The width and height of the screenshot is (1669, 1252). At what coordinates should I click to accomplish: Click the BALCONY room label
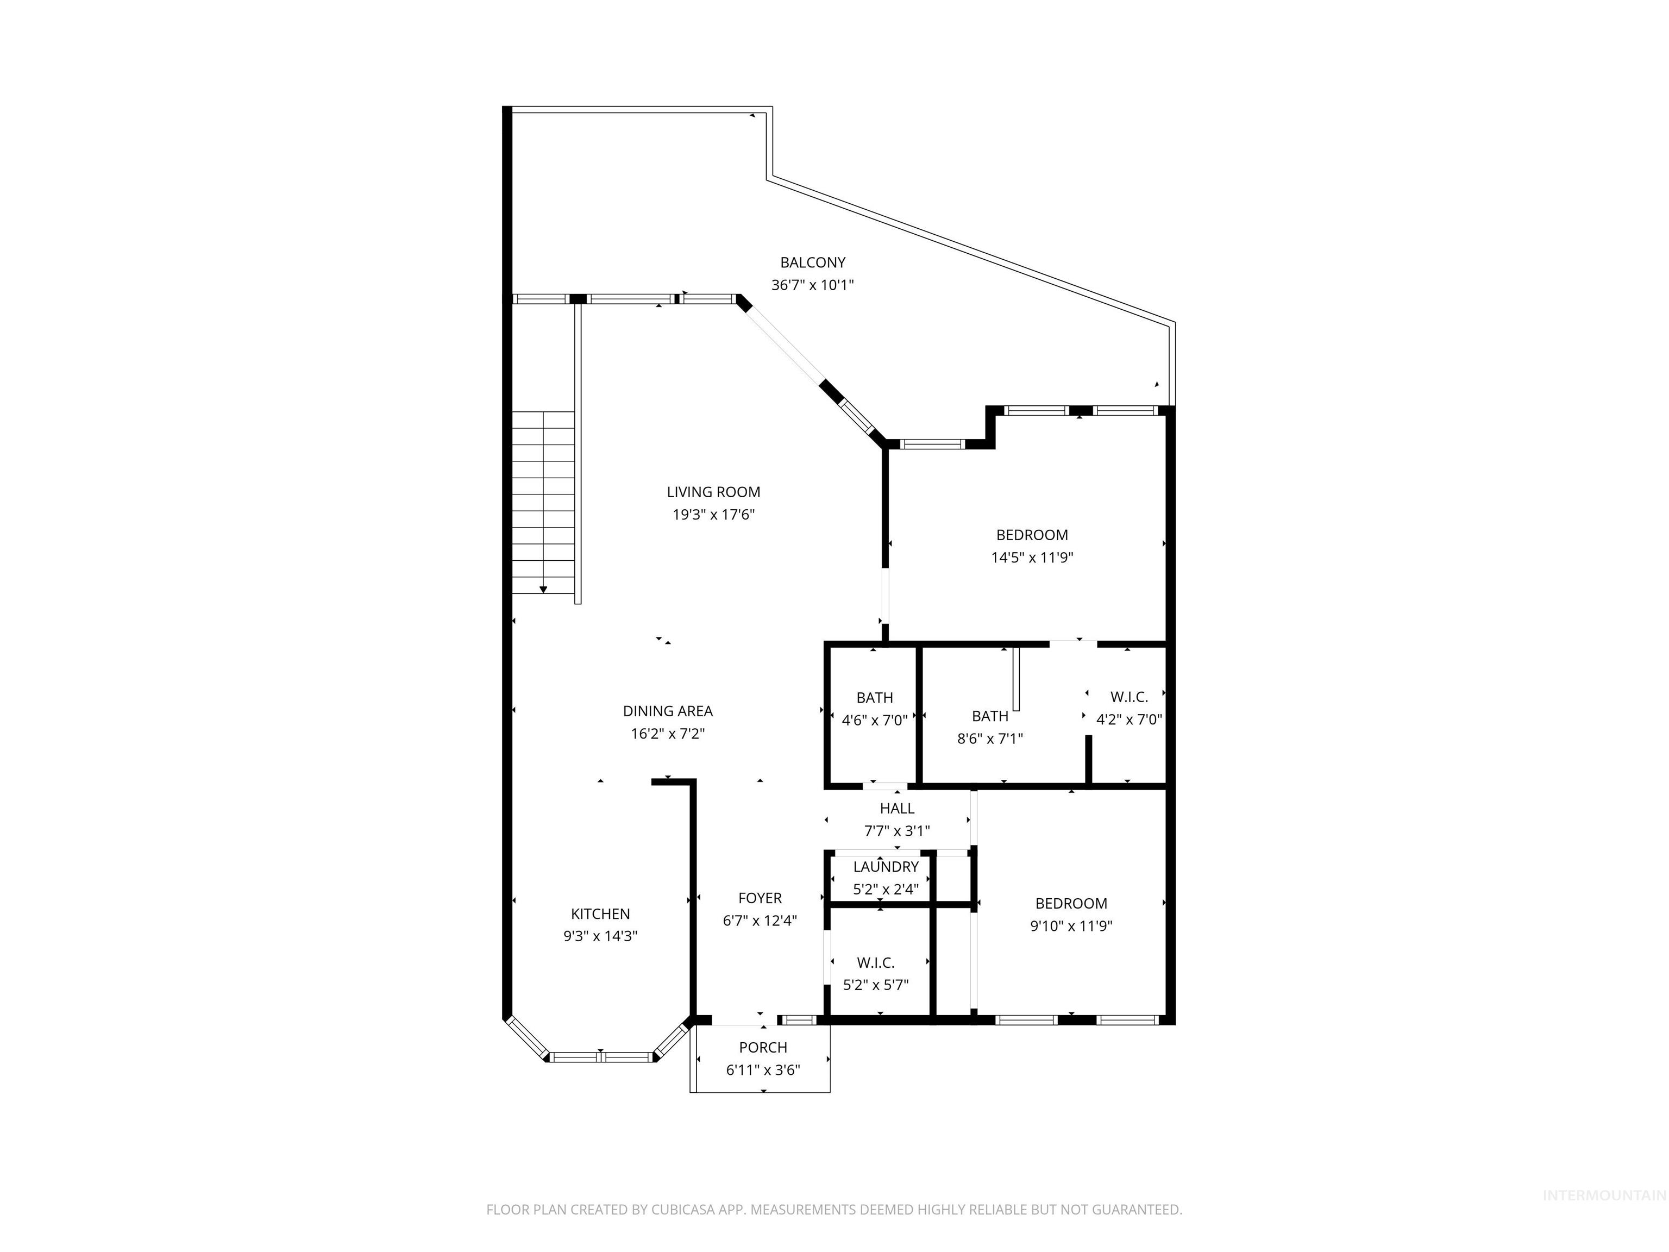point(813,262)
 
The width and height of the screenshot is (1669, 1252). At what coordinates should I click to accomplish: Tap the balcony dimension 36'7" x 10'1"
point(813,285)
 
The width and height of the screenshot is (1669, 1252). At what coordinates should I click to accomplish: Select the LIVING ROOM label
point(713,492)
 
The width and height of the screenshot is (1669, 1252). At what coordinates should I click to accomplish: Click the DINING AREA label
point(668,711)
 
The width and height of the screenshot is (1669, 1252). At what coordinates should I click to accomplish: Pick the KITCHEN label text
point(600,914)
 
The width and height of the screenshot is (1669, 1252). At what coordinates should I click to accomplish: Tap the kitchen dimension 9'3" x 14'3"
point(600,936)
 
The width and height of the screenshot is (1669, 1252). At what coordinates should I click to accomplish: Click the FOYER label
point(760,898)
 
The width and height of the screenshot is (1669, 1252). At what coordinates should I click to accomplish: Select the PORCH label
point(763,1048)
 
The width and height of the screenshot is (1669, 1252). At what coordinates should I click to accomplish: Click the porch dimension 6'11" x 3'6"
point(763,1070)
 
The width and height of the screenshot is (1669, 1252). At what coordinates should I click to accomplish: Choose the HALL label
point(897,808)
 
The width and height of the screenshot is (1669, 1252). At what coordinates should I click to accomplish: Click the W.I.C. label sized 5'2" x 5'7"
point(875,963)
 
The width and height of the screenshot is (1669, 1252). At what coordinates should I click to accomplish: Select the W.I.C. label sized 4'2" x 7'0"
point(1129,697)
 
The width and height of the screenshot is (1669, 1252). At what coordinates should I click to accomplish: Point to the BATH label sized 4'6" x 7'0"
point(875,698)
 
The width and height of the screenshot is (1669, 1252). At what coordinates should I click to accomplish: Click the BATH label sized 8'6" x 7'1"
point(990,716)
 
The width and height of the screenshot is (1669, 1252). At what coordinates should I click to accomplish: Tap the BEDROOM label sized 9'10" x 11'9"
point(1071,903)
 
